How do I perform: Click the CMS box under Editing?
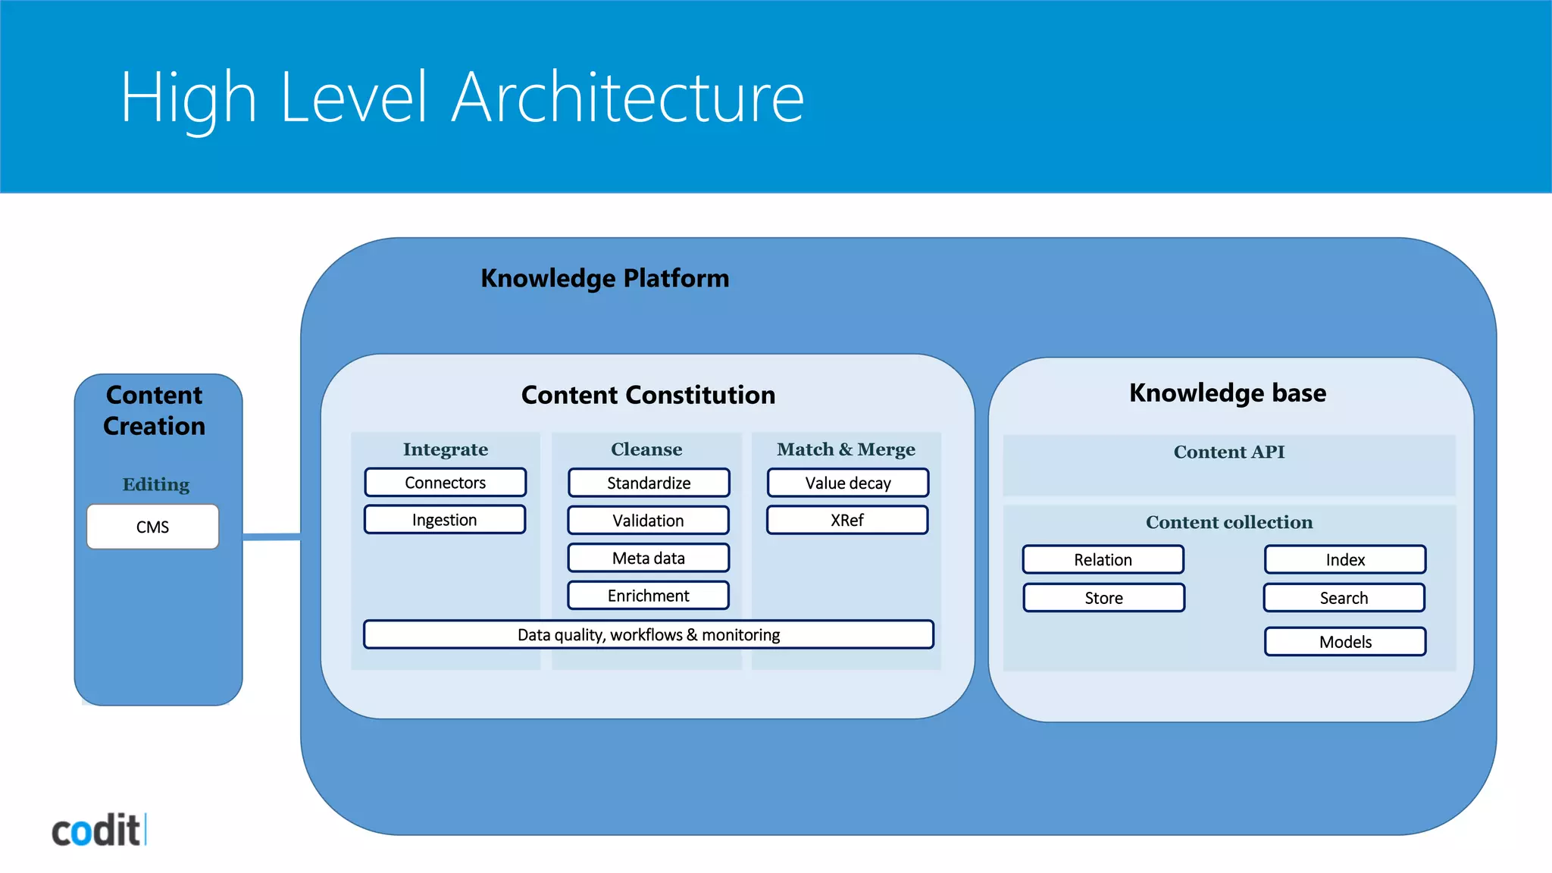152,527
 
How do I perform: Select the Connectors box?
445,483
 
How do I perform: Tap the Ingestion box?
444,520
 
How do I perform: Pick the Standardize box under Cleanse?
649,483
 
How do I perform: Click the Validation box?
648,521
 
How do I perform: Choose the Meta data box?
648,559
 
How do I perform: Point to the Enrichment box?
648,596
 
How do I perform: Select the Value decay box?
847,483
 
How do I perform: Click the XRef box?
846,521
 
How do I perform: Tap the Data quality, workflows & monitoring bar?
648,635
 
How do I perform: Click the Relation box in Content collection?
1103,560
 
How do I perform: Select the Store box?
1103,598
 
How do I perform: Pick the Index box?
1345,560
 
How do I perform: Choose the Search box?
1344,598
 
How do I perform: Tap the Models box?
1345,642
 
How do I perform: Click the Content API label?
1228,452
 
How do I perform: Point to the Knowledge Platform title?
605,279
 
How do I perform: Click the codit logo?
98,831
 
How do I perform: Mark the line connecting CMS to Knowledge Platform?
271,537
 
